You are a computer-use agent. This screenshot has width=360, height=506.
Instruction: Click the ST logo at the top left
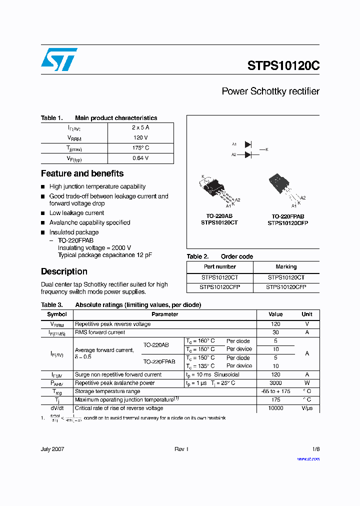(59, 59)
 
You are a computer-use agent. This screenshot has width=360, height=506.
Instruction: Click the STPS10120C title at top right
(283, 66)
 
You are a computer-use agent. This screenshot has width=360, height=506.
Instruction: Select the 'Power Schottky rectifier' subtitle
(270, 91)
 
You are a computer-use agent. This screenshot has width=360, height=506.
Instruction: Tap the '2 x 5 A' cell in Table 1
(140, 127)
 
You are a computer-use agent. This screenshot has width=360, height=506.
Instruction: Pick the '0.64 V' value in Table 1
(140, 158)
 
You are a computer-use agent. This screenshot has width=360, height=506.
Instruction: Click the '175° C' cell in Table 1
(140, 148)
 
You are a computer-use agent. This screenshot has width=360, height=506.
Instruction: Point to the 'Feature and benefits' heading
(82, 173)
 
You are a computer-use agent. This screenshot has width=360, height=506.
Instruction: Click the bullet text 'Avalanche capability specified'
(89, 222)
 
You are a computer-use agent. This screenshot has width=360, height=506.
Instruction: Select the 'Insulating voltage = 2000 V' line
(94, 247)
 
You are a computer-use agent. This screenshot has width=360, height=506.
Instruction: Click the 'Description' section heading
(64, 271)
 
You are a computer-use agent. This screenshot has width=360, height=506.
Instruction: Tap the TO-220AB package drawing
(216, 190)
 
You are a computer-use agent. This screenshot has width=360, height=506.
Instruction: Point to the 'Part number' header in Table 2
(219, 267)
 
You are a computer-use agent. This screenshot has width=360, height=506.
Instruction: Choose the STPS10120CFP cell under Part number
(219, 287)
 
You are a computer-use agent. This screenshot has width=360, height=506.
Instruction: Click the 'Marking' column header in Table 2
(286, 267)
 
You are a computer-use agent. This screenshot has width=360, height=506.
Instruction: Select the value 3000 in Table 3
(275, 383)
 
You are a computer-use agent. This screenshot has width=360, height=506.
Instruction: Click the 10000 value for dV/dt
(275, 408)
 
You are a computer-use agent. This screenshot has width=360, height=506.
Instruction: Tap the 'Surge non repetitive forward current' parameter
(118, 374)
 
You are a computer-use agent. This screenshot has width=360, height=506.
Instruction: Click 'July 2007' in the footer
(52, 449)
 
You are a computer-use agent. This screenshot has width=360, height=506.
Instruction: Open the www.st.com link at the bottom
(308, 458)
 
